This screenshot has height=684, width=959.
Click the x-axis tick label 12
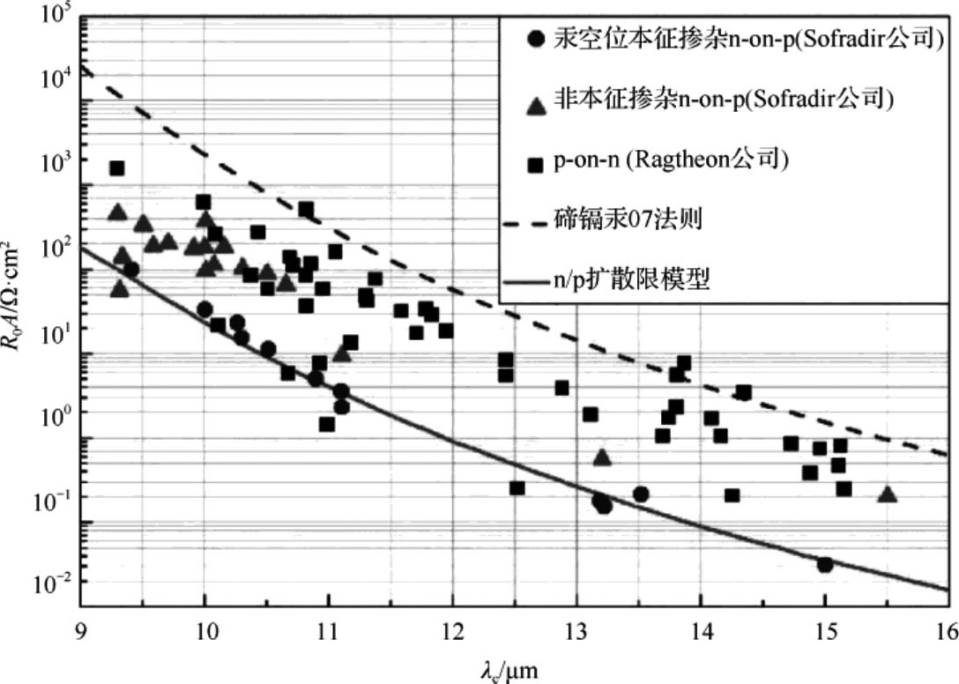pos(452,631)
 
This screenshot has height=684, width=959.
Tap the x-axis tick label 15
pos(824,631)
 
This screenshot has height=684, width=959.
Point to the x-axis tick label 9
pos(80,631)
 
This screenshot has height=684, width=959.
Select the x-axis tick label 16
pos(946,631)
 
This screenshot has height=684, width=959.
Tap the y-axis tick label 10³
pos(54,161)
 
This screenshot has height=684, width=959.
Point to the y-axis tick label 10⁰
pos(54,414)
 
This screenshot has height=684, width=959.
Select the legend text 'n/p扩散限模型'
pos(632,282)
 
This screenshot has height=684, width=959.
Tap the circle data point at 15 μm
pos(825,564)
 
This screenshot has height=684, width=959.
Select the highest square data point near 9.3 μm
pos(116,168)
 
